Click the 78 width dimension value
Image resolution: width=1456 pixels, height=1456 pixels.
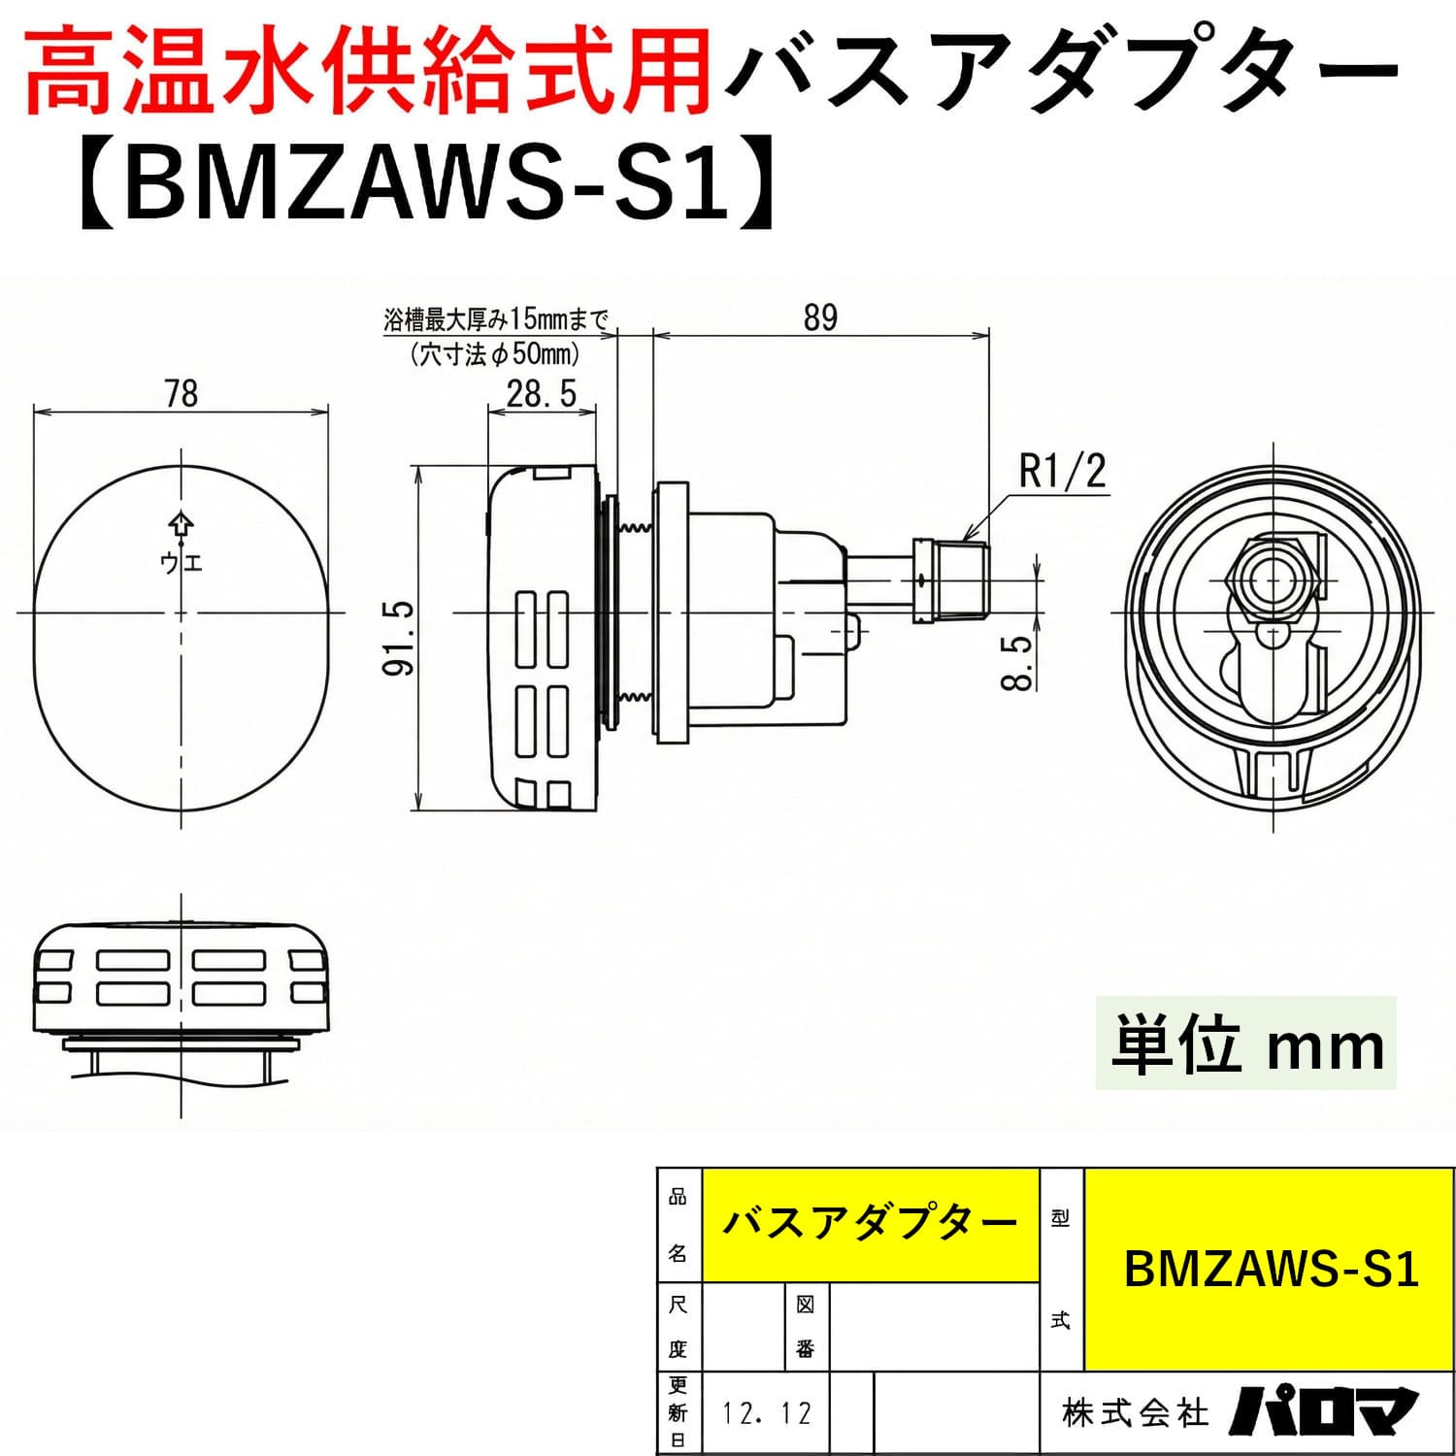[182, 393]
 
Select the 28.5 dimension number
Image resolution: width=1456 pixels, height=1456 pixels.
[542, 393]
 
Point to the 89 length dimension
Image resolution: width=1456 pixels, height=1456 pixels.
[820, 317]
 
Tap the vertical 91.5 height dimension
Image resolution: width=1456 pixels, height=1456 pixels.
[401, 638]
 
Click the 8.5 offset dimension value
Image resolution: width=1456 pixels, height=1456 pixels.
[1015, 663]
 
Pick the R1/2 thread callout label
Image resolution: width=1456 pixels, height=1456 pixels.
[1062, 471]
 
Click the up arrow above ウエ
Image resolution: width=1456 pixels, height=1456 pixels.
[181, 525]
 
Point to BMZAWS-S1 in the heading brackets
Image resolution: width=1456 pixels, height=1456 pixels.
[427, 186]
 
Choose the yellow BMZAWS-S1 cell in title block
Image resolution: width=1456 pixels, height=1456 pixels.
[1270, 1268]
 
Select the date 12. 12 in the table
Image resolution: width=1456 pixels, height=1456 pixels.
[766, 1413]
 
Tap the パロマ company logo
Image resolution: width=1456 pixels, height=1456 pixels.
[1324, 1411]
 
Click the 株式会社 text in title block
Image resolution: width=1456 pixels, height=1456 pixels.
[1135, 1412]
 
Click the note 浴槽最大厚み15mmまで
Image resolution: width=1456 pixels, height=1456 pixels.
[496, 319]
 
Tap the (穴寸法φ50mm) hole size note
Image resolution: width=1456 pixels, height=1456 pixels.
[496, 354]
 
